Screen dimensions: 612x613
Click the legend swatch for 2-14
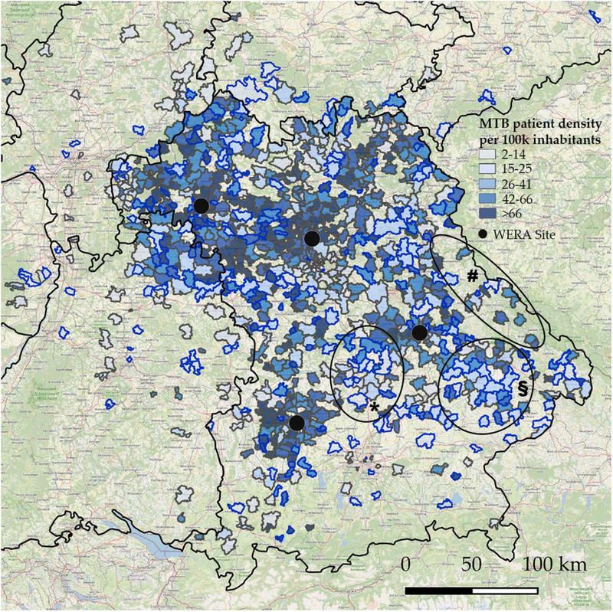(x=477, y=153)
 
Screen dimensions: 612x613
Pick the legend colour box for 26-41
(x=477, y=185)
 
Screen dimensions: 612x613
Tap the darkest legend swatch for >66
(x=477, y=215)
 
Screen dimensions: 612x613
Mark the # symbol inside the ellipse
(x=473, y=277)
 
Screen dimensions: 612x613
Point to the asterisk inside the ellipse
(x=375, y=407)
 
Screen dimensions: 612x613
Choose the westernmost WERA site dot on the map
(x=201, y=205)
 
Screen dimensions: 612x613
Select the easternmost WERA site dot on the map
(x=419, y=332)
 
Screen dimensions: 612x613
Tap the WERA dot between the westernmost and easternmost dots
(x=311, y=238)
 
